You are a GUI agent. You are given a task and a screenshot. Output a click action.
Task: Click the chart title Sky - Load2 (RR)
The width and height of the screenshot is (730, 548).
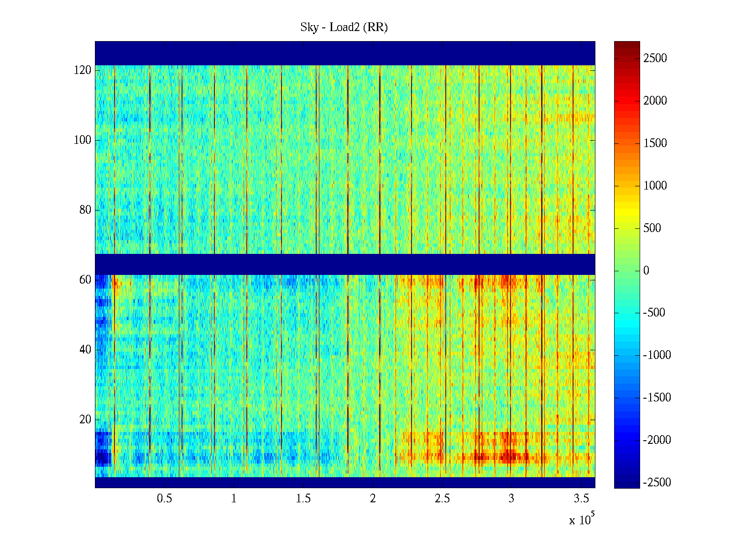click(344, 27)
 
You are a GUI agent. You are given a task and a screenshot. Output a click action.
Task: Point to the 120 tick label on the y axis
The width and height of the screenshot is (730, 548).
click(83, 70)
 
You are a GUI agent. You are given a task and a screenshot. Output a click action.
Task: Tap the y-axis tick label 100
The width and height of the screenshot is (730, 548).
click(83, 140)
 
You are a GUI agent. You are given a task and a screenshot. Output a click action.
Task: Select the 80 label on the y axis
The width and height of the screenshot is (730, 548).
click(85, 210)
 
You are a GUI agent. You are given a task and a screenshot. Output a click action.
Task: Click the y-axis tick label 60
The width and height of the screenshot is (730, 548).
click(85, 280)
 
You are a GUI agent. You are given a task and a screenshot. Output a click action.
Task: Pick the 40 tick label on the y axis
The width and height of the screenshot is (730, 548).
click(85, 350)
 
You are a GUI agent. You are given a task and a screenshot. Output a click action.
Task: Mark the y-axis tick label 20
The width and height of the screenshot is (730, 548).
click(85, 420)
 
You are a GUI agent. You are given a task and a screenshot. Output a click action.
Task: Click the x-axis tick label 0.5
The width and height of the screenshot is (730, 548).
click(164, 499)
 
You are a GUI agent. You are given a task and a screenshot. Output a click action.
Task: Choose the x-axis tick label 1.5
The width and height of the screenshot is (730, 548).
click(303, 499)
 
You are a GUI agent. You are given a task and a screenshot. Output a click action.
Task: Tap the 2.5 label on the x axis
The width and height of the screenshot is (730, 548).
click(442, 499)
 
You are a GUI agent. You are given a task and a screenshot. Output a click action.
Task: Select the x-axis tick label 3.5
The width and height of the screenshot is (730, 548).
click(581, 499)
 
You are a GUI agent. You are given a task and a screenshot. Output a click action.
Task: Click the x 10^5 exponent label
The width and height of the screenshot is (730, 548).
click(582, 520)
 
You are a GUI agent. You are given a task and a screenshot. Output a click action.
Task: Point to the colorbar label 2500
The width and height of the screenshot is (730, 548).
click(655, 58)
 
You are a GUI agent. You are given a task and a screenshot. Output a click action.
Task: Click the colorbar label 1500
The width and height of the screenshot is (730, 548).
click(655, 143)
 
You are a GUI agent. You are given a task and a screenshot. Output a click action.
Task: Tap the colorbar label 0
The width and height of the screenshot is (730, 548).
click(646, 271)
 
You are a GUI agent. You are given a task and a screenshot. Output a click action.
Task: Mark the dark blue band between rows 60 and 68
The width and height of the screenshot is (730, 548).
click(345, 264)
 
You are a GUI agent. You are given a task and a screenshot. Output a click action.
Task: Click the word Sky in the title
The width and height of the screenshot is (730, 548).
click(309, 27)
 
